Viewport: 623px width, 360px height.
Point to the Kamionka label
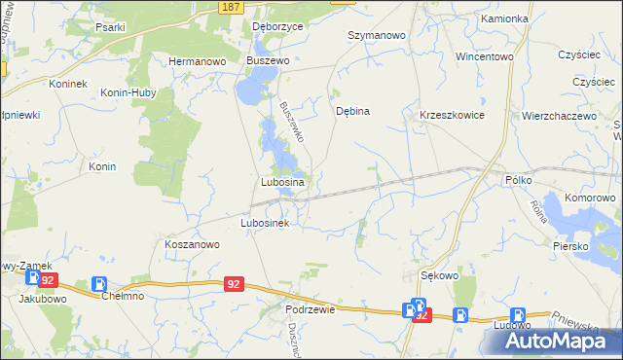click(504, 18)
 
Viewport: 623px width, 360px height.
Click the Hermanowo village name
click(197, 60)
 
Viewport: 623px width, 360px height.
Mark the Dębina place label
click(352, 111)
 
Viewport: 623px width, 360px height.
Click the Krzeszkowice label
click(452, 115)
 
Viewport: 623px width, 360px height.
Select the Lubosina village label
click(283, 182)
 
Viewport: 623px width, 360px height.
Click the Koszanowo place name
click(192, 245)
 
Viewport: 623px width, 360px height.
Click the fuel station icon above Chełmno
click(98, 284)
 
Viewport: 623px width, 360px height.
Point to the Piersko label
click(573, 246)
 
